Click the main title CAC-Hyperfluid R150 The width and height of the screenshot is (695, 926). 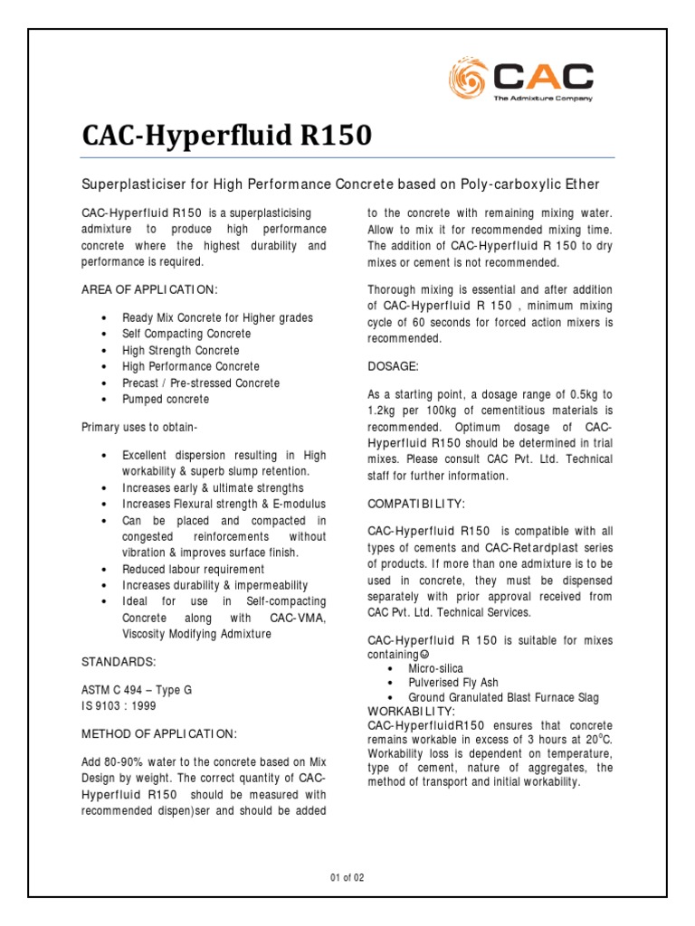226,136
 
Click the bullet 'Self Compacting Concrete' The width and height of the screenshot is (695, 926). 187,334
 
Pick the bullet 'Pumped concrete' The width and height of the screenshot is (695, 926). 166,399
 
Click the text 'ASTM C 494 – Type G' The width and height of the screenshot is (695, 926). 137,689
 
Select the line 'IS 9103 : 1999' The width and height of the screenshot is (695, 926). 119,705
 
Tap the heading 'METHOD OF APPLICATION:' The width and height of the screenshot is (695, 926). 159,732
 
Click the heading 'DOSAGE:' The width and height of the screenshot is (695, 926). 393,365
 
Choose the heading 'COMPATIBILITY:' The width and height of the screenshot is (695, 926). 417,503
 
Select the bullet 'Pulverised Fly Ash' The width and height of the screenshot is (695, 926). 453,683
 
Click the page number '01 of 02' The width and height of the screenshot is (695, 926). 347,877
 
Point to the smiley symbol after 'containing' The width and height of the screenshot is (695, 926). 425,654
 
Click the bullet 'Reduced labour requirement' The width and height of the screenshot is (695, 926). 194,570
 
